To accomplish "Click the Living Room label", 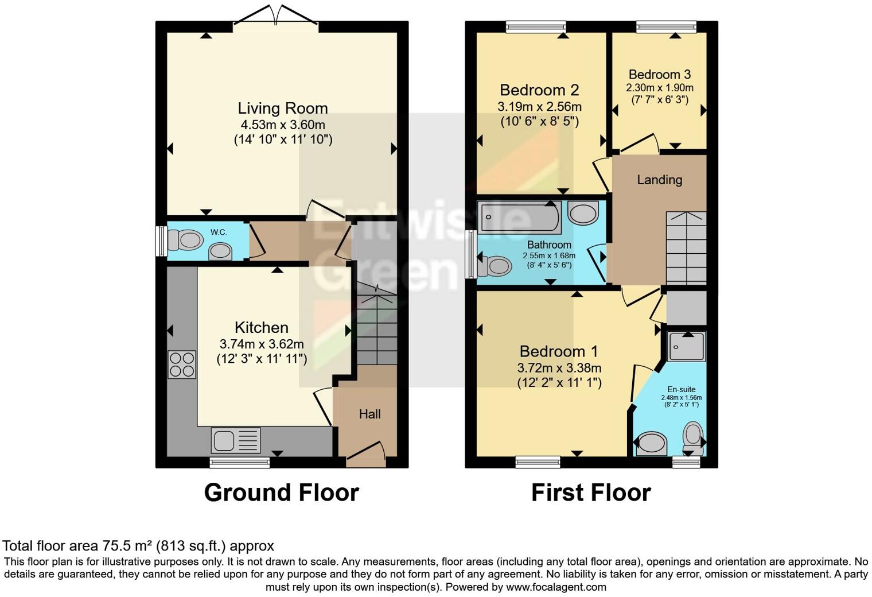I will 283,108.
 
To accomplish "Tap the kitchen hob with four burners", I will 182,365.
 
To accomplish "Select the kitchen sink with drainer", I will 236,441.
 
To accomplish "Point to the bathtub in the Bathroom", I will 520,217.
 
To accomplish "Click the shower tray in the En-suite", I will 686,346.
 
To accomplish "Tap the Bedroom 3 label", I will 659,74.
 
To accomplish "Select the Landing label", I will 659,180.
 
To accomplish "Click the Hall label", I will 369,414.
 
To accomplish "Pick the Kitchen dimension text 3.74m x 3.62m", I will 262,344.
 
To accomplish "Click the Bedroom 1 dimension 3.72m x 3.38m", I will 559,368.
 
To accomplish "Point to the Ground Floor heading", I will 281,493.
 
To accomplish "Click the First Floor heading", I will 591,493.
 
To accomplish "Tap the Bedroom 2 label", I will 539,90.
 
